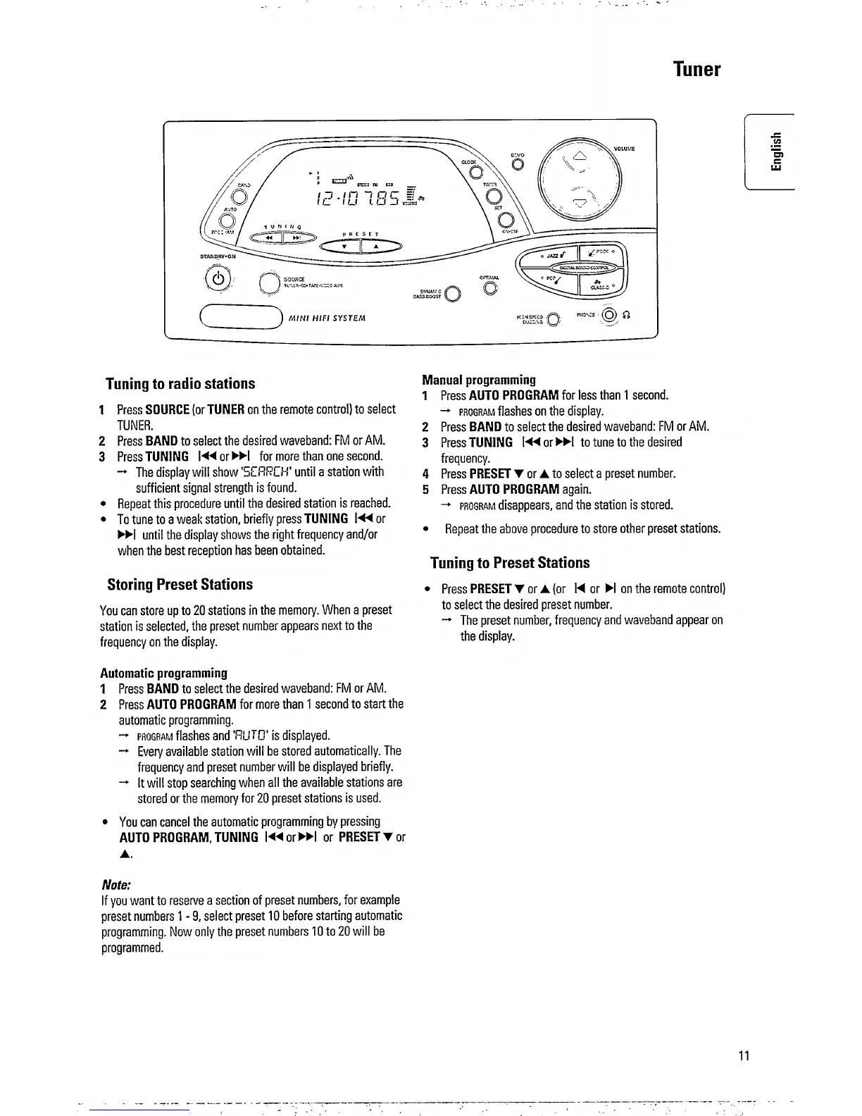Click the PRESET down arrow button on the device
click(343, 246)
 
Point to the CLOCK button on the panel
click(475, 170)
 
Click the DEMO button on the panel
click(518, 164)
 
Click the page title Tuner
click(697, 69)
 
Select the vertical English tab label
click(775, 151)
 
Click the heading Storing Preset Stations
click(180, 585)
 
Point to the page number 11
click(744, 1055)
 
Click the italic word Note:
click(117, 884)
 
